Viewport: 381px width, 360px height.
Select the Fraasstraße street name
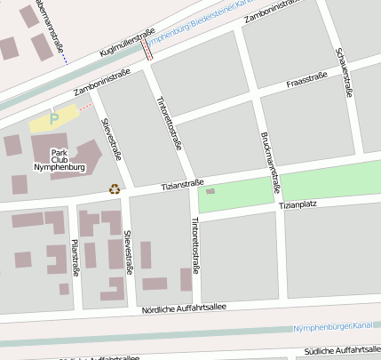pos(307,82)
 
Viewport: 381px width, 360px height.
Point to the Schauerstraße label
pos(345,67)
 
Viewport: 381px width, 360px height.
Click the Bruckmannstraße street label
pos(271,163)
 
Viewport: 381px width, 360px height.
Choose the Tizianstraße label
pos(182,184)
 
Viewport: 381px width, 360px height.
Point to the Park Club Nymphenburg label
pos(59,159)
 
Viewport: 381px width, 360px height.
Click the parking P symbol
pos(54,116)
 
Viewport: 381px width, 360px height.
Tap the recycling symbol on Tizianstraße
pos(114,188)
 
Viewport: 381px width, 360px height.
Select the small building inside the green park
pos(210,191)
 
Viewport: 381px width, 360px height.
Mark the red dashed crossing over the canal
pos(147,47)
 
